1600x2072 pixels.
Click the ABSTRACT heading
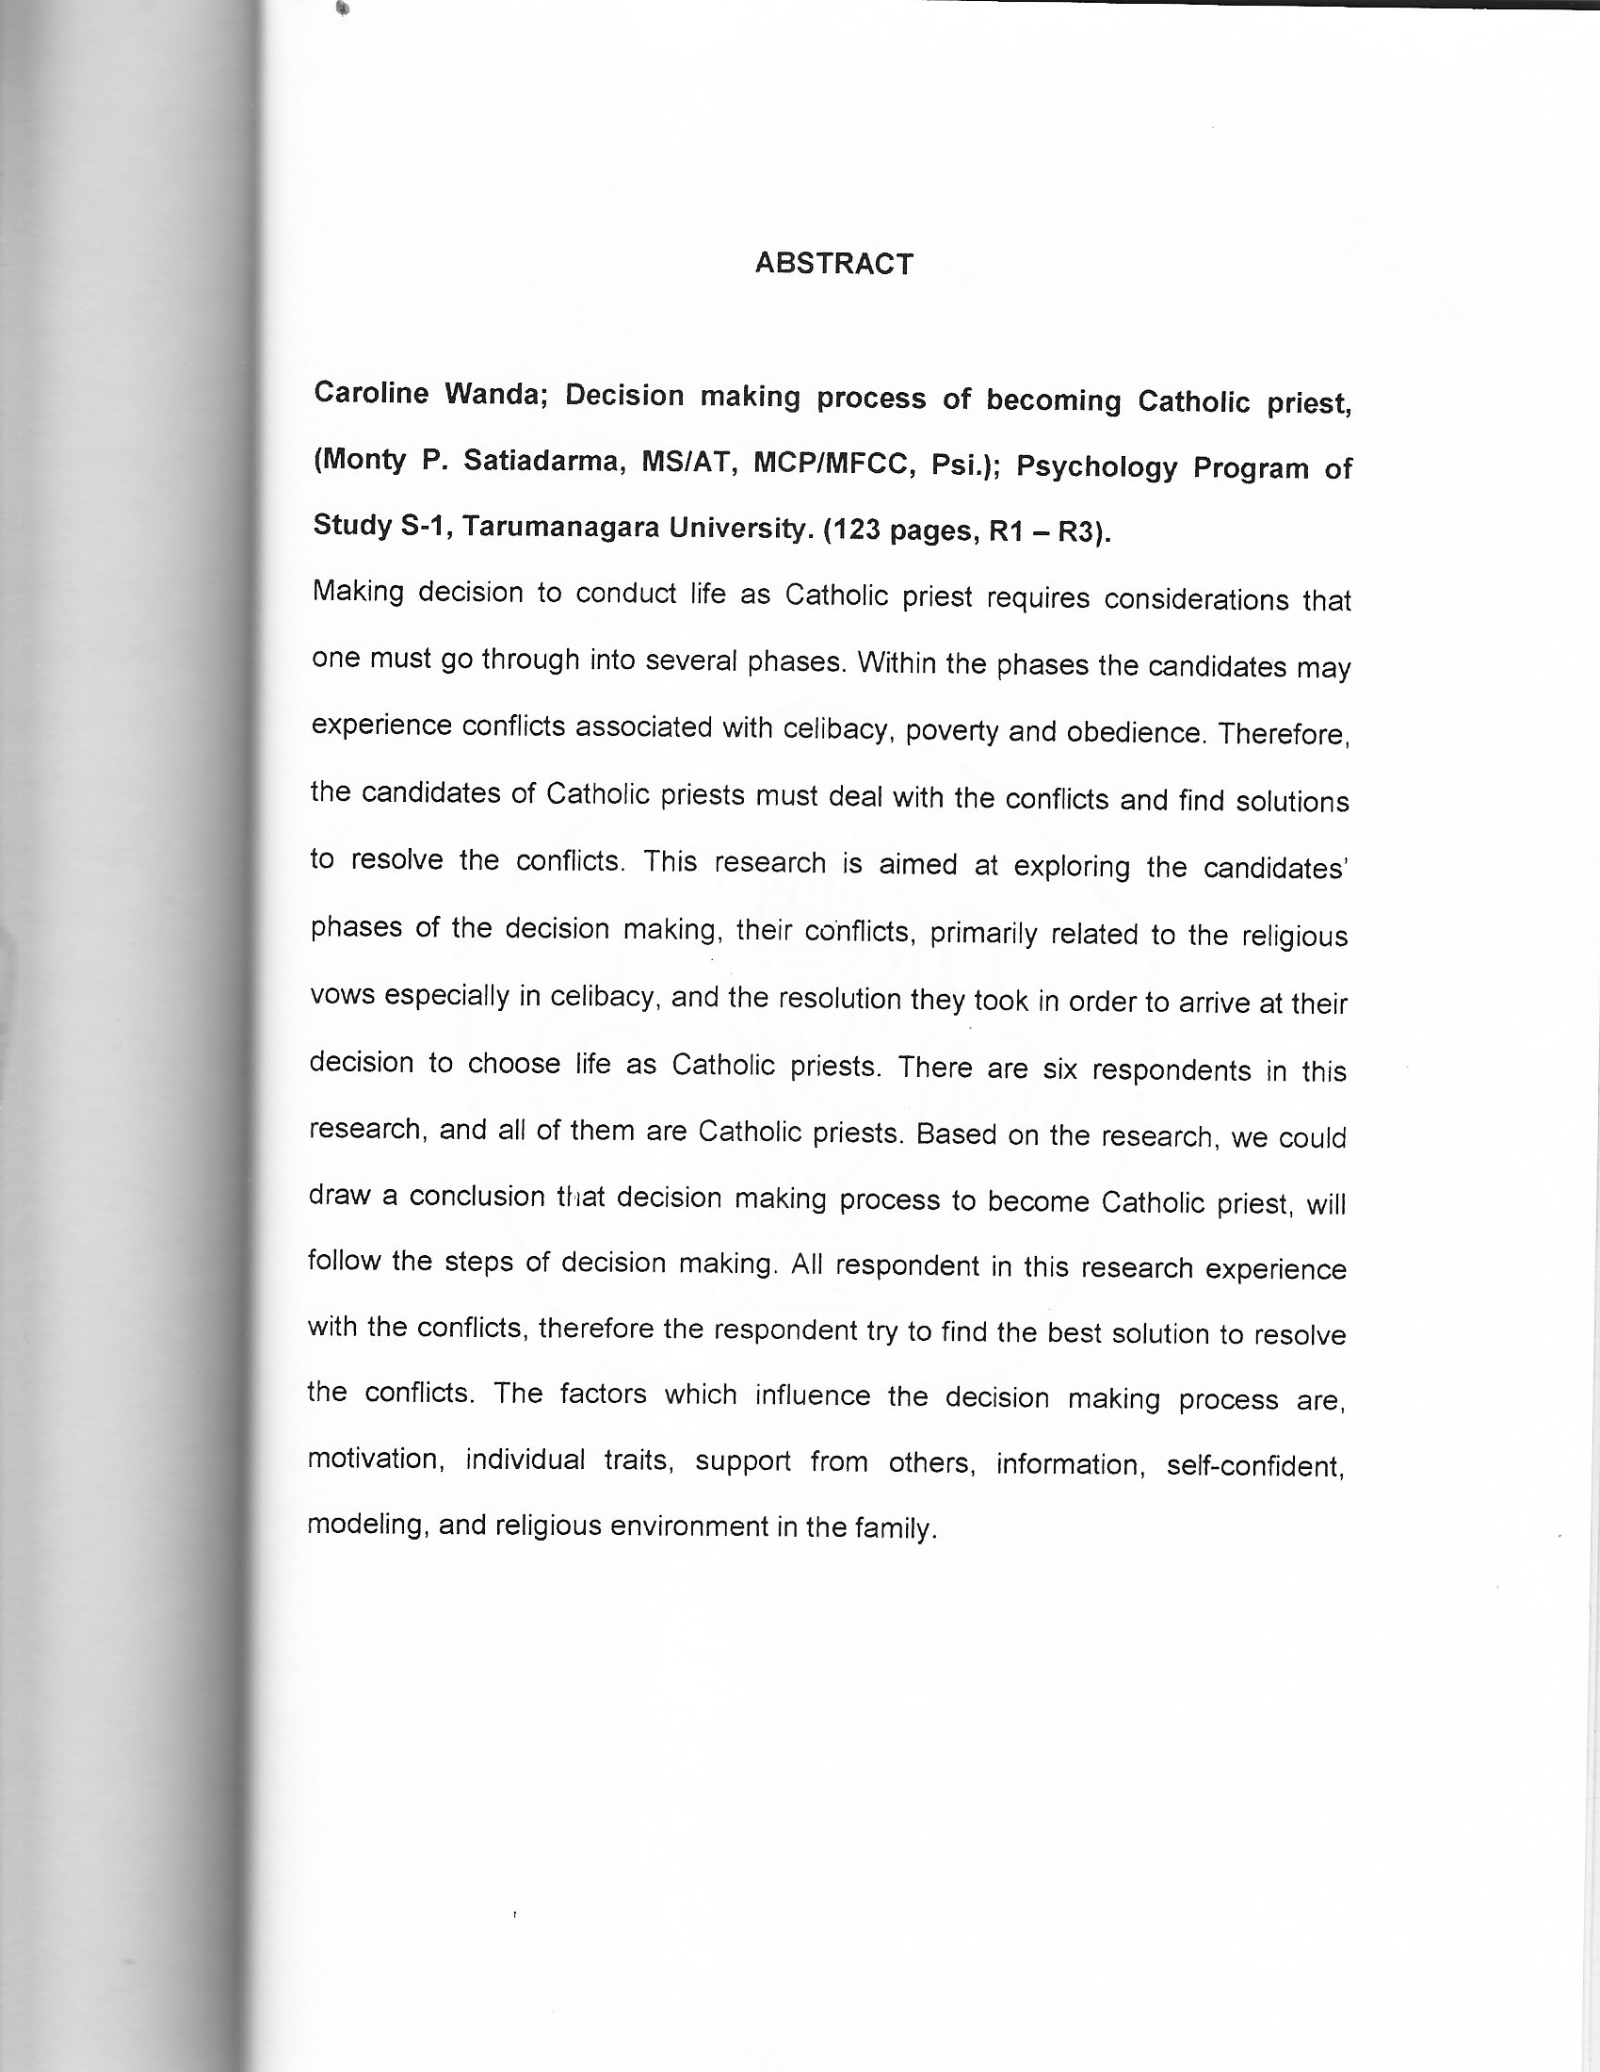[x=833, y=264]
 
